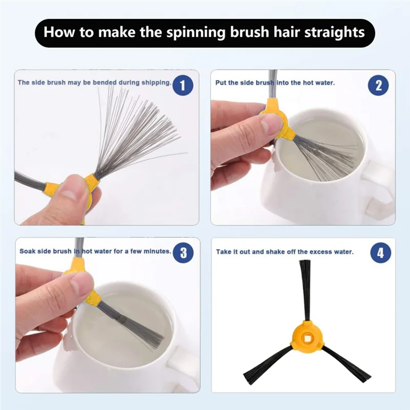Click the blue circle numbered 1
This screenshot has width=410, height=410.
(x=182, y=86)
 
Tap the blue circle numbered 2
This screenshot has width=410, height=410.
(x=378, y=86)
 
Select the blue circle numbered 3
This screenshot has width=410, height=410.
(x=183, y=253)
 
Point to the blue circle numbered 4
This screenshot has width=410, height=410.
(x=380, y=253)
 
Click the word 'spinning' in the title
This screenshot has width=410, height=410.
(x=196, y=32)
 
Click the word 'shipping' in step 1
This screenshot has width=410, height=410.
(x=156, y=83)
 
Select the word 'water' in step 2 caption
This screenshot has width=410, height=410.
(x=326, y=83)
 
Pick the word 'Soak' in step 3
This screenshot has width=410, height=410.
(x=27, y=251)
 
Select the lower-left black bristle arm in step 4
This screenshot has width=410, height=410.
(x=266, y=364)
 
